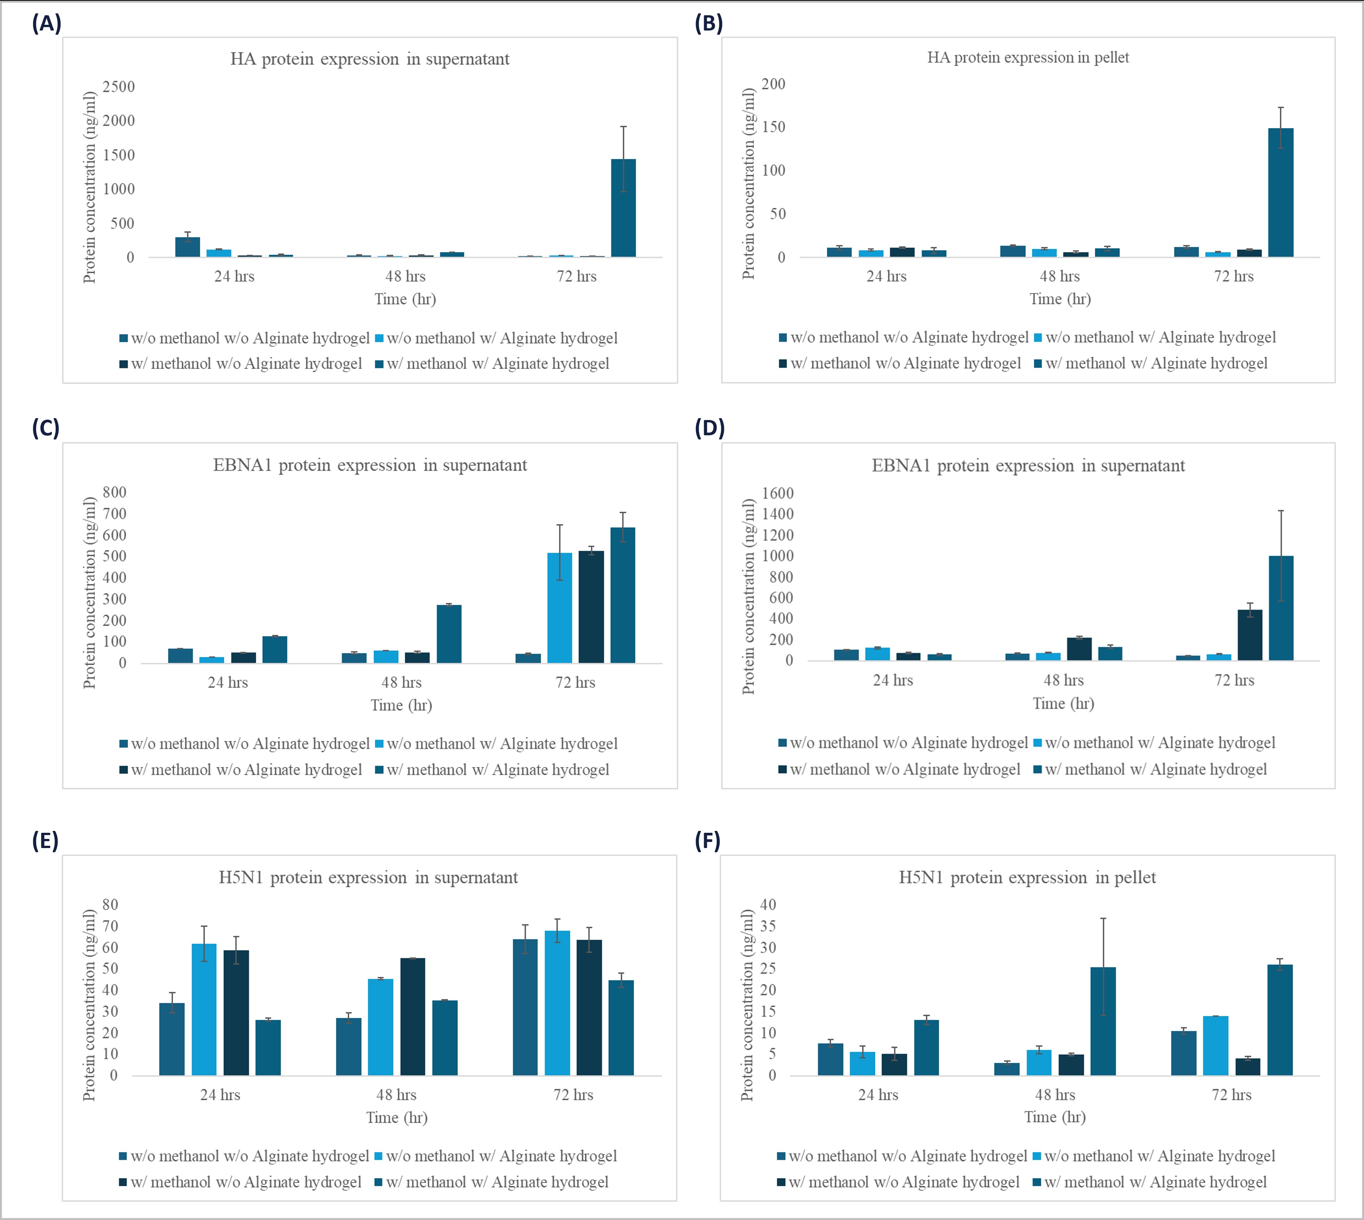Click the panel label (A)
[46, 24]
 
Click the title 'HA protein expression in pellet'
[1028, 58]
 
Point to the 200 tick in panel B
[773, 84]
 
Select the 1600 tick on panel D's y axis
[777, 493]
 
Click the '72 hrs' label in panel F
[1231, 1094]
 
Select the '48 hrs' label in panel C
[401, 682]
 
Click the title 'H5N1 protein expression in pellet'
[1027, 877]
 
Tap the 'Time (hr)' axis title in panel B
[1060, 299]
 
